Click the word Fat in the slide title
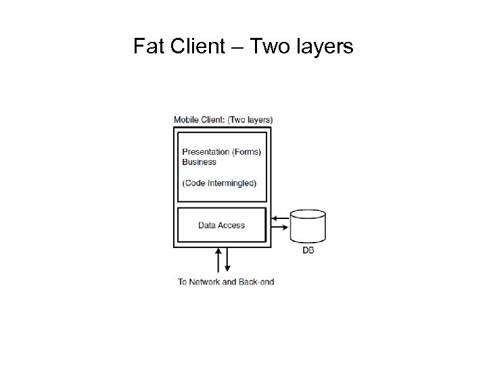[148, 47]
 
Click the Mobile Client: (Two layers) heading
[223, 120]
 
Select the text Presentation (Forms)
[221, 152]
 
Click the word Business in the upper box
[199, 162]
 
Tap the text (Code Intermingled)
[219, 182]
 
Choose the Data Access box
[221, 225]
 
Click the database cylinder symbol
[308, 227]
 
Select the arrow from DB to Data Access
[279, 218]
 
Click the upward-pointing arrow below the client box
[218, 260]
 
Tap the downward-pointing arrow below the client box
[228, 260]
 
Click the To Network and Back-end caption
[226, 282]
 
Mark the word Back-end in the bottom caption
[258, 282]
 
